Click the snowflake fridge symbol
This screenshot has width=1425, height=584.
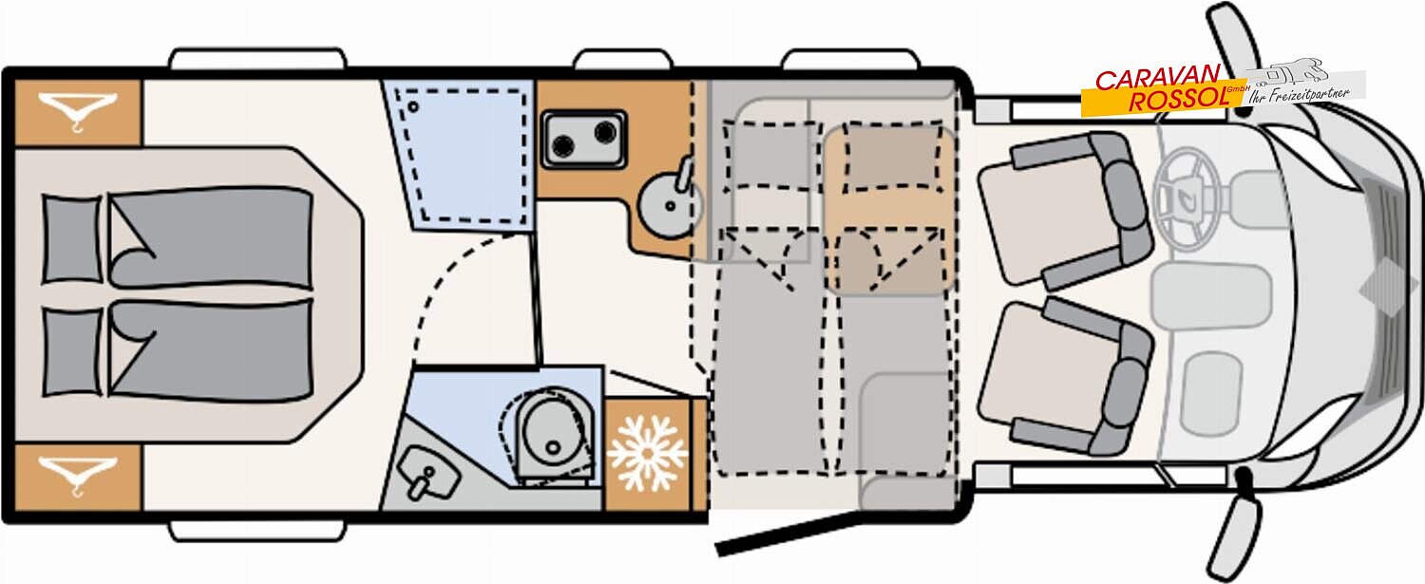(647, 453)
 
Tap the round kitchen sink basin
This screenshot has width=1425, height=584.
(667, 205)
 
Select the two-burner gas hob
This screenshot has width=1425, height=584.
(582, 140)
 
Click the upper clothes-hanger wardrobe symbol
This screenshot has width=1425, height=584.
(77, 113)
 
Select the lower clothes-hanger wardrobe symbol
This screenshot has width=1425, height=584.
(77, 476)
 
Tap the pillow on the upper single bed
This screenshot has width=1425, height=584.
(72, 240)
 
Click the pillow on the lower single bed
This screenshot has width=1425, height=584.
(72, 352)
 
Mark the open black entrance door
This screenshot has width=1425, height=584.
(788, 533)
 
